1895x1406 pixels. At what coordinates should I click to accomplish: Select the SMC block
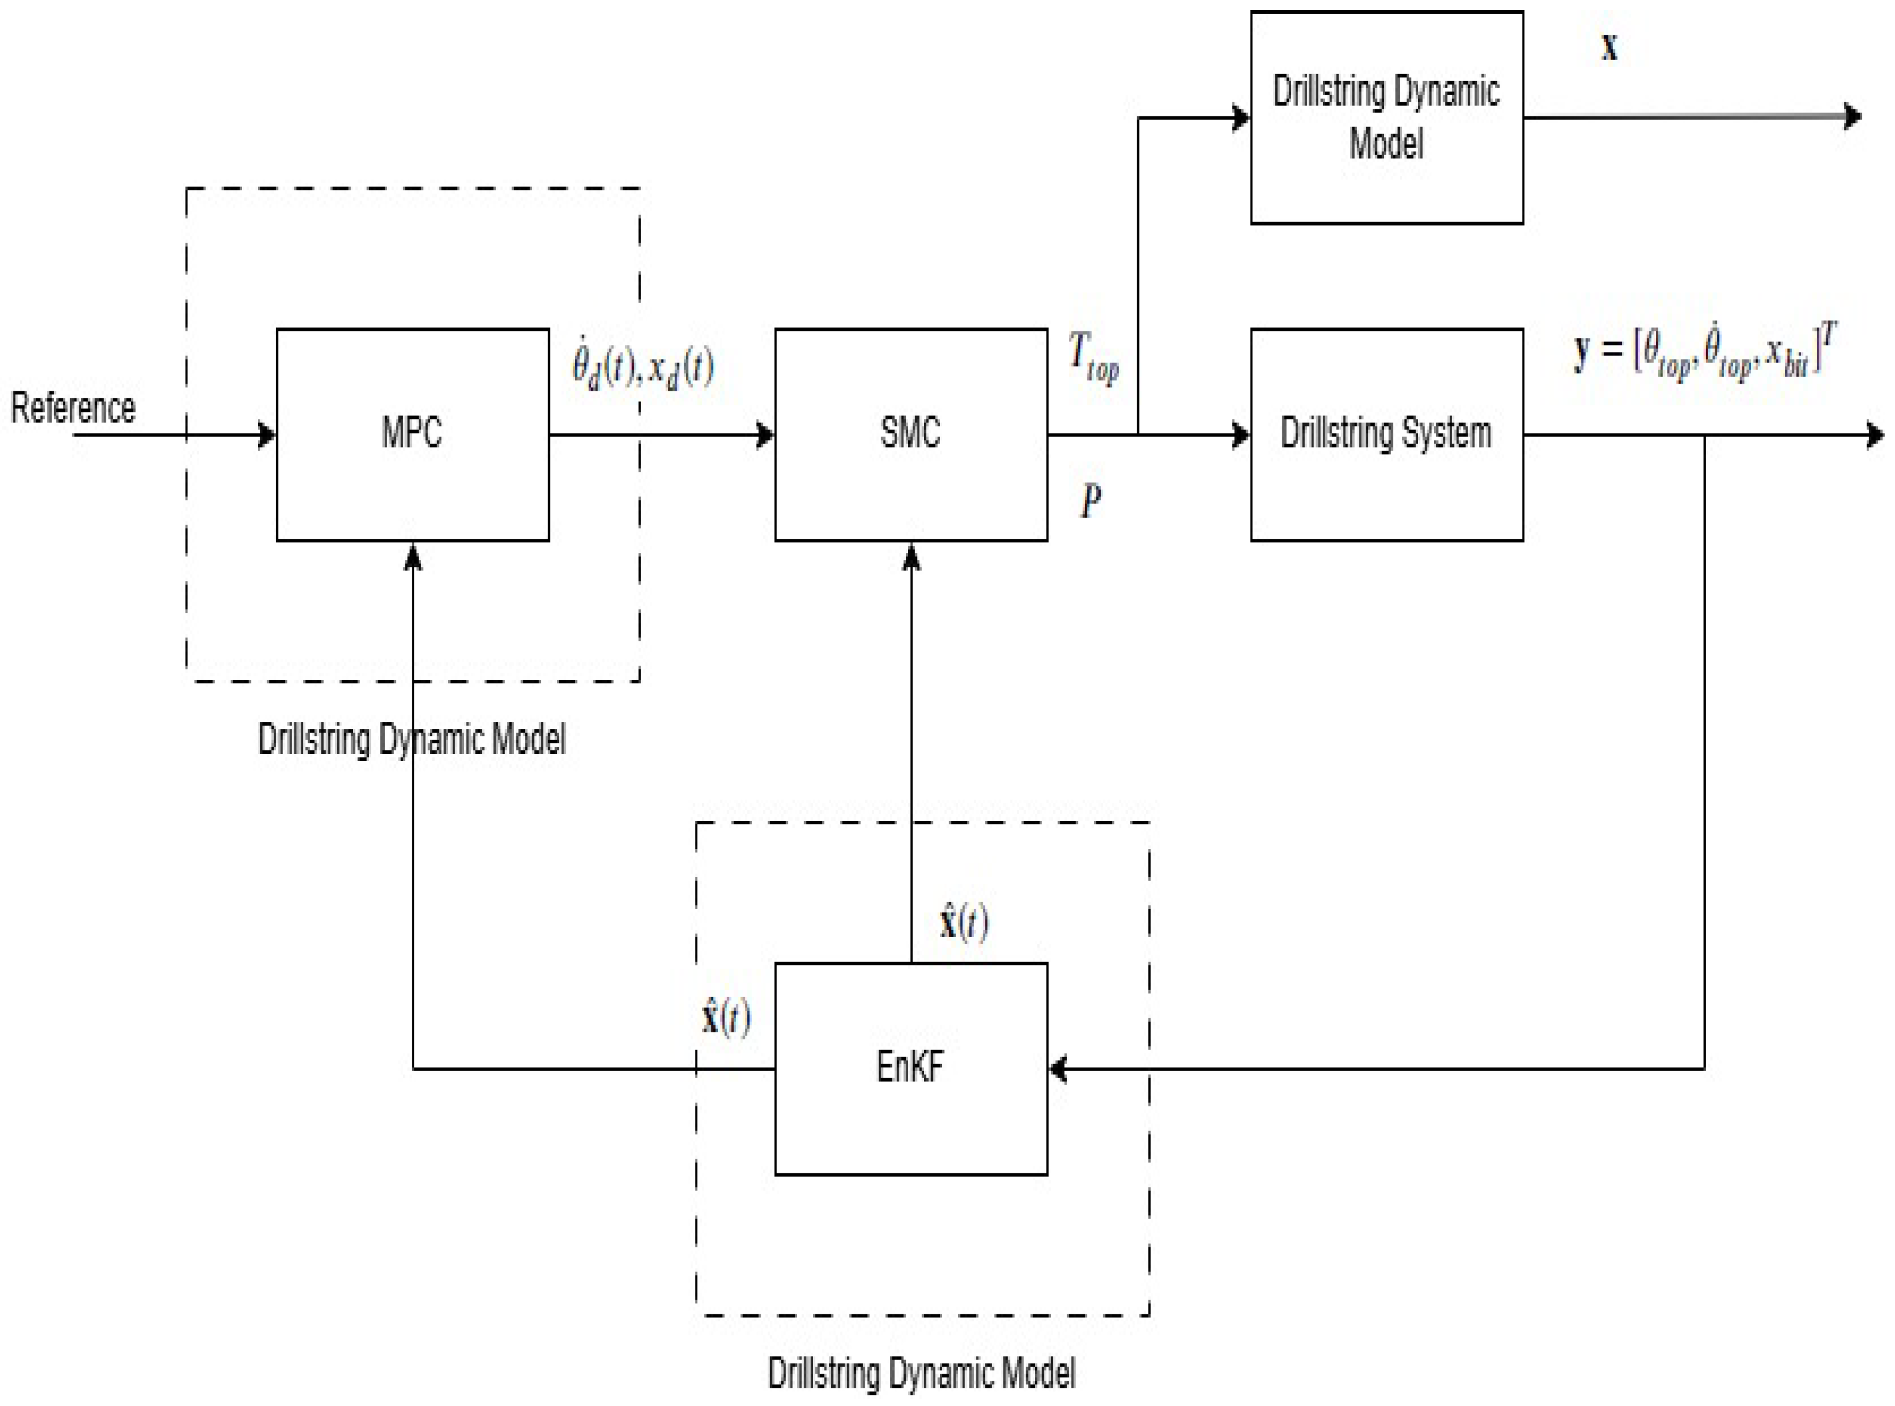(910, 434)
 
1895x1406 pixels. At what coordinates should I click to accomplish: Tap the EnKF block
(910, 1068)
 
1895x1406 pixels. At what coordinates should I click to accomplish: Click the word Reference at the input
(73, 408)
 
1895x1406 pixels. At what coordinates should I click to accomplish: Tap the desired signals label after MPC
(643, 368)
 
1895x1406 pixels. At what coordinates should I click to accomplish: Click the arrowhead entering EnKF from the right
(1058, 1069)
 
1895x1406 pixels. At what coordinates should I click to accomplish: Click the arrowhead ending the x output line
(1852, 116)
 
